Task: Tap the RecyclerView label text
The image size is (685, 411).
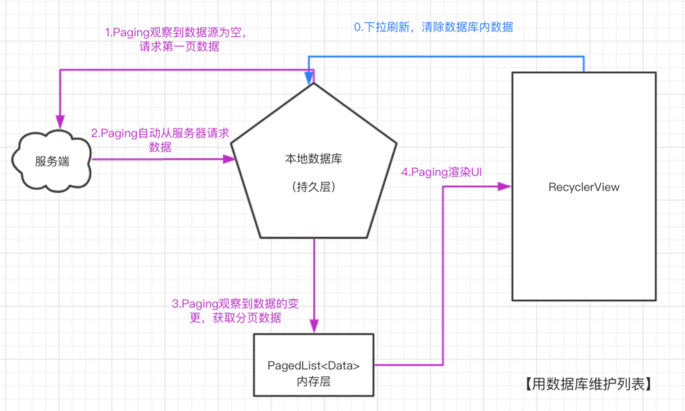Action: point(584,187)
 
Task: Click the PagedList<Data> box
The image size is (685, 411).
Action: point(314,365)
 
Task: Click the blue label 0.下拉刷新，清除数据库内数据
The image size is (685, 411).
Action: point(433,27)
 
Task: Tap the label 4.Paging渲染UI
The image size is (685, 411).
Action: point(442,172)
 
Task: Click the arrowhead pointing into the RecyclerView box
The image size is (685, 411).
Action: point(506,186)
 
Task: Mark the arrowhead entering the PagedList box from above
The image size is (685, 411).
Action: point(314,327)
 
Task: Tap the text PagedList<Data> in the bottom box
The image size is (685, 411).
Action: point(314,365)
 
